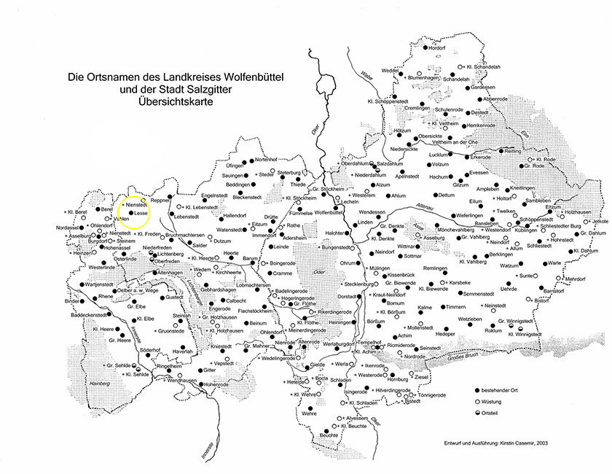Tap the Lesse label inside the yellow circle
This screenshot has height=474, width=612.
[x=140, y=213]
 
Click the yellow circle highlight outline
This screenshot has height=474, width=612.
[x=150, y=211]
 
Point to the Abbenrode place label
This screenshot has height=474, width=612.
[x=495, y=98]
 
